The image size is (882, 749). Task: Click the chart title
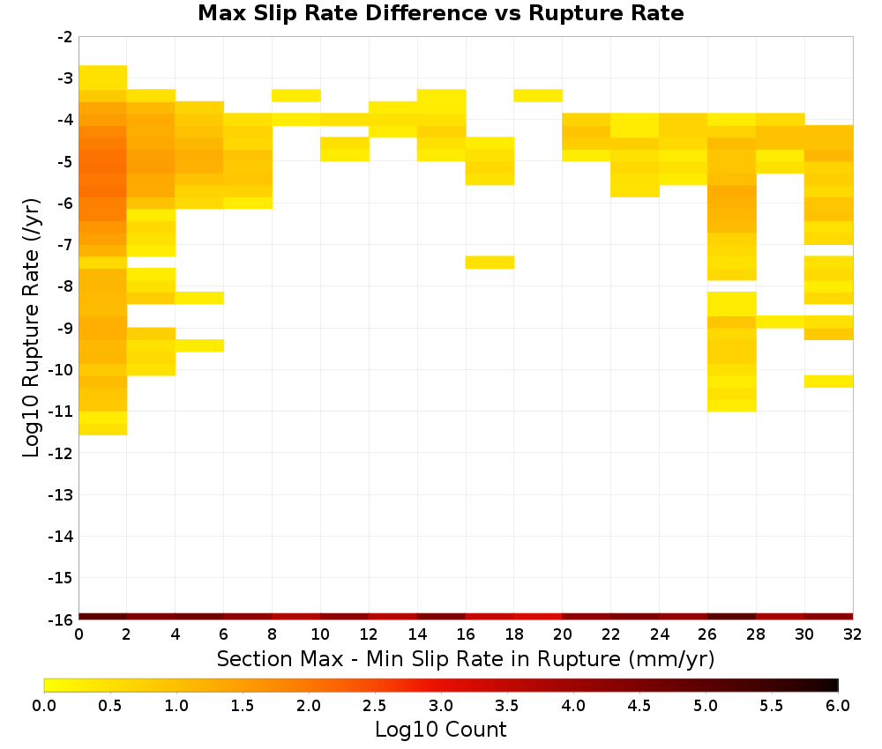(440, 13)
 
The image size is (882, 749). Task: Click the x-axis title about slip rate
(465, 658)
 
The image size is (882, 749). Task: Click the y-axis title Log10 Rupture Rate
(32, 328)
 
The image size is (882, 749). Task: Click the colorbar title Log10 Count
(440, 730)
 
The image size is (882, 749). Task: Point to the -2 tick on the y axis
(65, 37)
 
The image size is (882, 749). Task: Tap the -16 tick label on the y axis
(62, 619)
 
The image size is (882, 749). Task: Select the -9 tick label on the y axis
(65, 328)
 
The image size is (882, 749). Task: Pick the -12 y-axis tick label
(62, 454)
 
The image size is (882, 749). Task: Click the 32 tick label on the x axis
(853, 634)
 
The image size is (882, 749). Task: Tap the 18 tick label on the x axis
(514, 634)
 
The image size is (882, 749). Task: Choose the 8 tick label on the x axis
(273, 634)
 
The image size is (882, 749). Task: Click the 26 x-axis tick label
(707, 634)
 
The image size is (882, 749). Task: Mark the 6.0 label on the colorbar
(838, 706)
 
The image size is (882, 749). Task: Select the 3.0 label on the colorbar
(441, 706)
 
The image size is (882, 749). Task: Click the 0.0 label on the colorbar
(44, 706)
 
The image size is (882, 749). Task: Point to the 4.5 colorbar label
(639, 706)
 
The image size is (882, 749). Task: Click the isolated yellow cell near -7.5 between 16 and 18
(490, 263)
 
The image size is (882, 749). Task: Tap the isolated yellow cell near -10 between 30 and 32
(828, 381)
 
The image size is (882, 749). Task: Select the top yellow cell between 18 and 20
(538, 95)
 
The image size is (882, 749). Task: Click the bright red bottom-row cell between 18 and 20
(538, 617)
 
